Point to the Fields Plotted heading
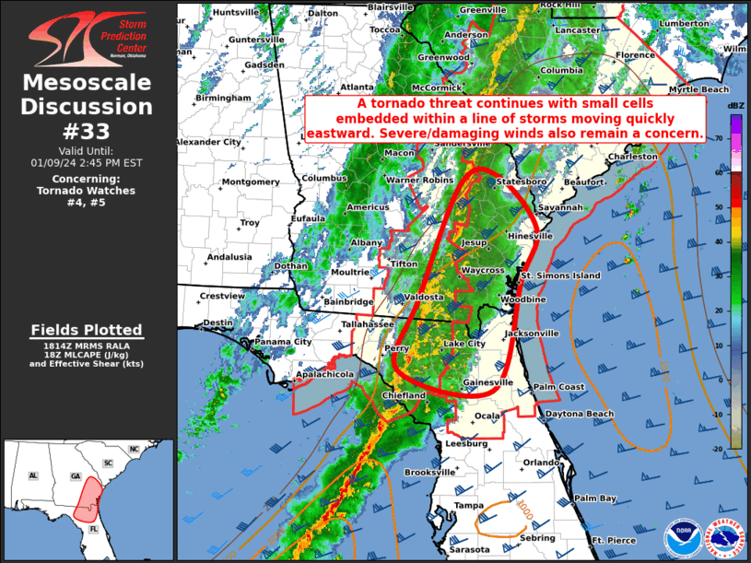click(x=87, y=330)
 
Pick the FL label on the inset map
click(x=94, y=532)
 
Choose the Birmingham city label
click(x=223, y=97)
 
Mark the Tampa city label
click(x=468, y=505)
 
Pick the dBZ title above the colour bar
click(x=735, y=108)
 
